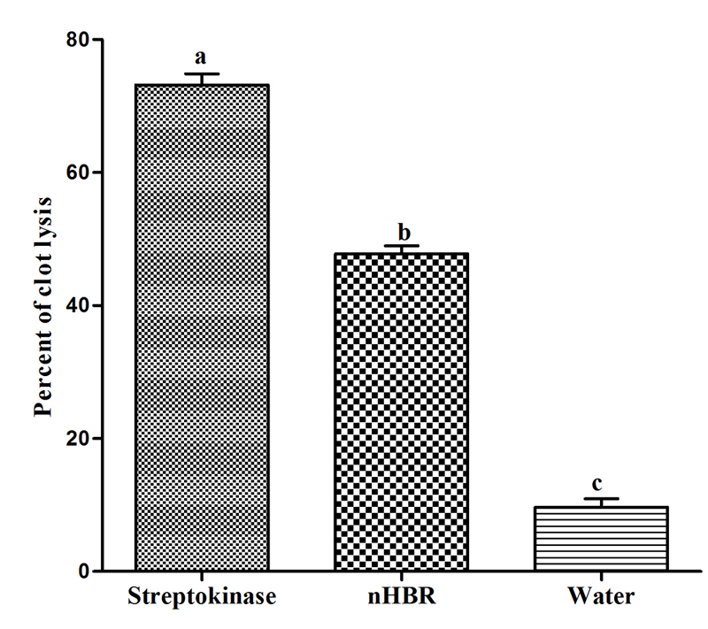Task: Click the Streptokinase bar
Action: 202,327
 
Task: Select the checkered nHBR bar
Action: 401,412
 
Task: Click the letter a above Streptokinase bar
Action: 201,58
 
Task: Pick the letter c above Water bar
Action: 599,485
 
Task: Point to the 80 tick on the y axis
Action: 78,40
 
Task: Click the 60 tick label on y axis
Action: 78,173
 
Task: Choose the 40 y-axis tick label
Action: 78,305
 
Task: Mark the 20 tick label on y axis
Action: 78,438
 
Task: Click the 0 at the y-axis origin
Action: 84,571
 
